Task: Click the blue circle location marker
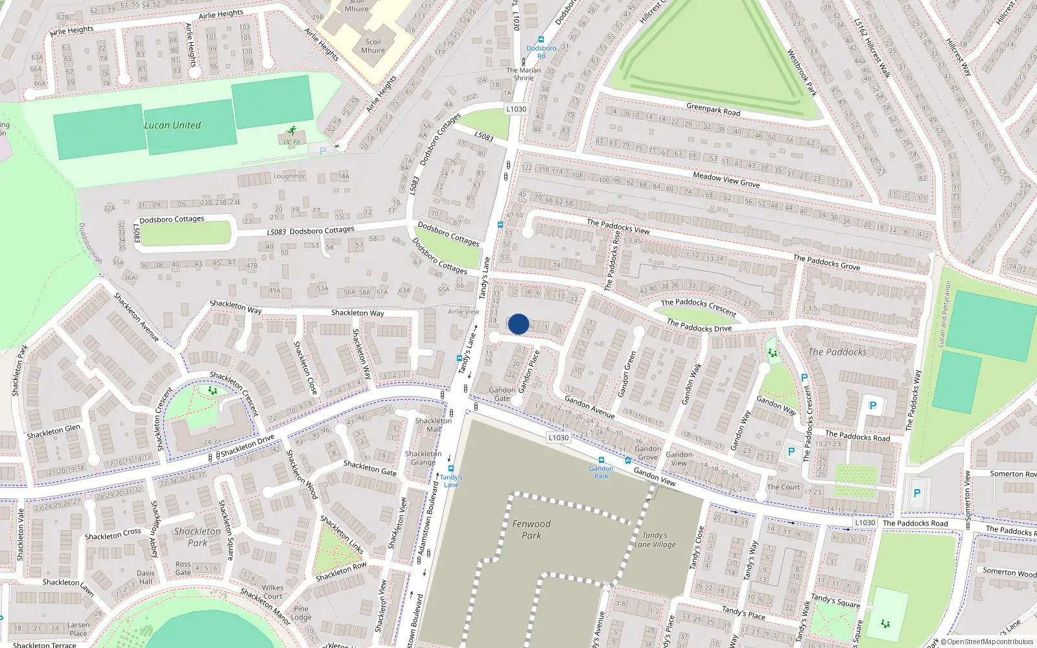(518, 324)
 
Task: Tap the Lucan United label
(172, 125)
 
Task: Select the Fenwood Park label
(531, 529)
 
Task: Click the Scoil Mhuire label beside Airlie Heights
(373, 46)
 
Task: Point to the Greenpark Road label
(713, 110)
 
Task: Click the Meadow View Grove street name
(726, 179)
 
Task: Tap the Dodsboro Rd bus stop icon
(541, 40)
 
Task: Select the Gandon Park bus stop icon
(601, 460)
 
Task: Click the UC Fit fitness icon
(292, 130)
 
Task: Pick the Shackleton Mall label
(434, 424)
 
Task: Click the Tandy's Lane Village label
(655, 540)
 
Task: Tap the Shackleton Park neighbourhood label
(198, 537)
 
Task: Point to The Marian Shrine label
(524, 74)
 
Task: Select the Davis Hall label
(146, 577)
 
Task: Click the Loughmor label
(289, 176)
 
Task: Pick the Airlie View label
(463, 312)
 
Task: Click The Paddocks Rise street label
(612, 261)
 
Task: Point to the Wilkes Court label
(272, 592)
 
